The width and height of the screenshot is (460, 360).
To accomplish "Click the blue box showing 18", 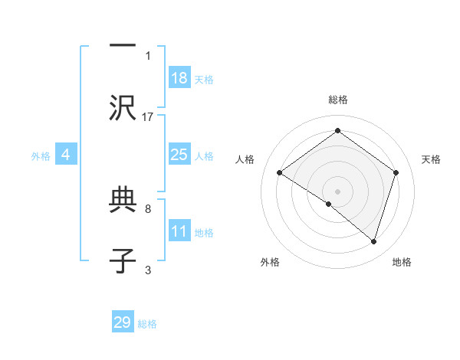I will pos(179,78).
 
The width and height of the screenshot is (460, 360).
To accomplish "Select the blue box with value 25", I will pos(179,155).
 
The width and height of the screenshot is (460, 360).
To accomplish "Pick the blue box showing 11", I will pos(179,231).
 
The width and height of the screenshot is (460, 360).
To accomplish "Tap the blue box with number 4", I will pos(66,155).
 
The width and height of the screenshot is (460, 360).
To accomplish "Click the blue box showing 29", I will pos(123,322).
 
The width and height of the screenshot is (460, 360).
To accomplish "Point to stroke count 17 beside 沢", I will pos(148,116).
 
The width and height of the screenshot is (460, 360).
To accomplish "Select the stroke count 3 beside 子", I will pos(148,270).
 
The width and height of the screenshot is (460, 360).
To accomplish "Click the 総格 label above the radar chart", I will pos(337,100).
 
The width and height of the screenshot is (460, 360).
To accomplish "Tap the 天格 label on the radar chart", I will pos(431,159).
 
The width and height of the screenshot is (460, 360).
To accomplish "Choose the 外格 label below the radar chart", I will pos(270,263).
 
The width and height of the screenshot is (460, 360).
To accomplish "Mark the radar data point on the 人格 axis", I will pos(280,173).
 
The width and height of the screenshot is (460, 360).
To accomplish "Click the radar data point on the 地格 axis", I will pos(373,241).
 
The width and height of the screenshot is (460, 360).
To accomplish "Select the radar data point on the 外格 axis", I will pos(329,204).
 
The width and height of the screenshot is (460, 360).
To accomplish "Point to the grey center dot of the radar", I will pos(337,191).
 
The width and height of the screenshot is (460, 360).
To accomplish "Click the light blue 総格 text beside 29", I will pos(148,324).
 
